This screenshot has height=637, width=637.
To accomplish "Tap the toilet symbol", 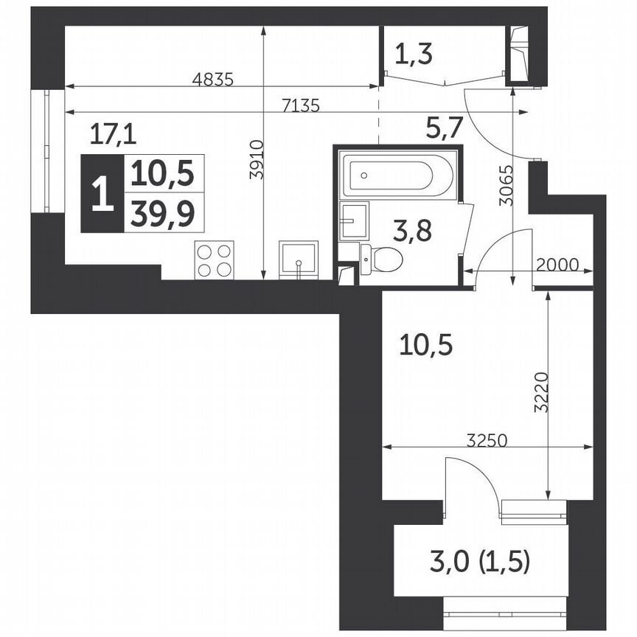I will coord(383,259).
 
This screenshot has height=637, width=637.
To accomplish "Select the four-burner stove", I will coord(214,260).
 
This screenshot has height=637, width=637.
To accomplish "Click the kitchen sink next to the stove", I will coord(298,260).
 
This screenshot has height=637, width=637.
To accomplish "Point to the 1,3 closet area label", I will coord(413,54).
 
